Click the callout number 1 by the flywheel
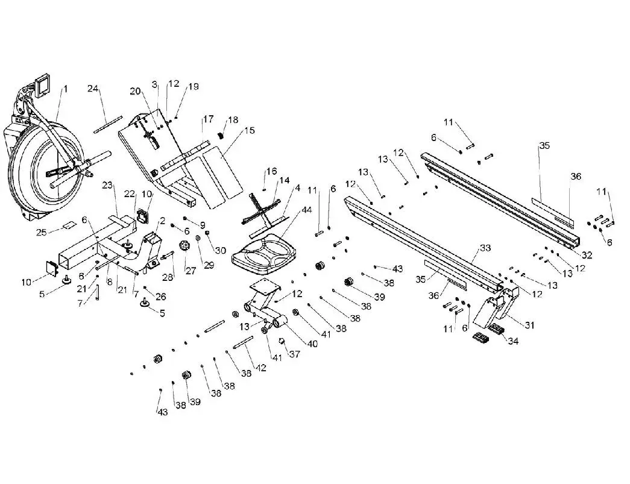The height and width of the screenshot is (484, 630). point(66,89)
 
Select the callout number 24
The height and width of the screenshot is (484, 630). point(93,89)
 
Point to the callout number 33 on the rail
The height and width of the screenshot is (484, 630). point(485,248)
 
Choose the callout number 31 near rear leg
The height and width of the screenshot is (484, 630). point(529,325)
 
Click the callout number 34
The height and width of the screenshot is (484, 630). point(512,342)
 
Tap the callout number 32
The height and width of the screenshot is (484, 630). point(587,256)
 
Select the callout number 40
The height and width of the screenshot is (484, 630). point(295,344)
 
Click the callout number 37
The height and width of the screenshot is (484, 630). point(294,354)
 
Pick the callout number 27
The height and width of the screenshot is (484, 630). point(191,271)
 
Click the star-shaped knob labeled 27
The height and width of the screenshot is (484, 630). point(186,247)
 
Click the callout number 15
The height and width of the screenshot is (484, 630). point(250,131)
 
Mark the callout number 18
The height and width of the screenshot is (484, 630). point(233,120)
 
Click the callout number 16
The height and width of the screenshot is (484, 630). point(271,172)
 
